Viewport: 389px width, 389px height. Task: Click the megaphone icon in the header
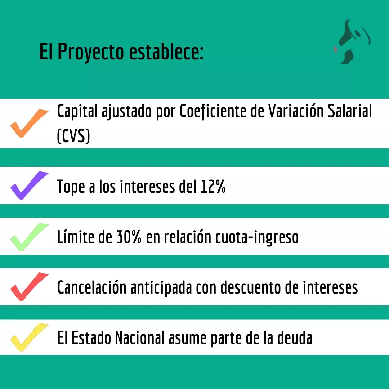tap(352, 42)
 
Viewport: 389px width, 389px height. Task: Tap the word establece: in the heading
tap(166, 52)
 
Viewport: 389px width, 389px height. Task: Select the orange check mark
tap(30, 123)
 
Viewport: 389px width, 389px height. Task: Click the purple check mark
tap(30, 185)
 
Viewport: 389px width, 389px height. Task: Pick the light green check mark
tap(30, 237)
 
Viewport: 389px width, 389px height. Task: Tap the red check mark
tap(30, 287)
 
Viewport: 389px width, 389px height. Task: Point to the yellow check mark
tap(30, 337)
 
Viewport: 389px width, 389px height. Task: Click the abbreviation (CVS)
tap(73, 136)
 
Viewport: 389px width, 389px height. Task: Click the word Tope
tap(71, 187)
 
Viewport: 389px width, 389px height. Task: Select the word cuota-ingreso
tap(257, 238)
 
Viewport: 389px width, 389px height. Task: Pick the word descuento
tap(251, 287)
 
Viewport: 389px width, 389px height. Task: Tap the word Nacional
tap(140, 338)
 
